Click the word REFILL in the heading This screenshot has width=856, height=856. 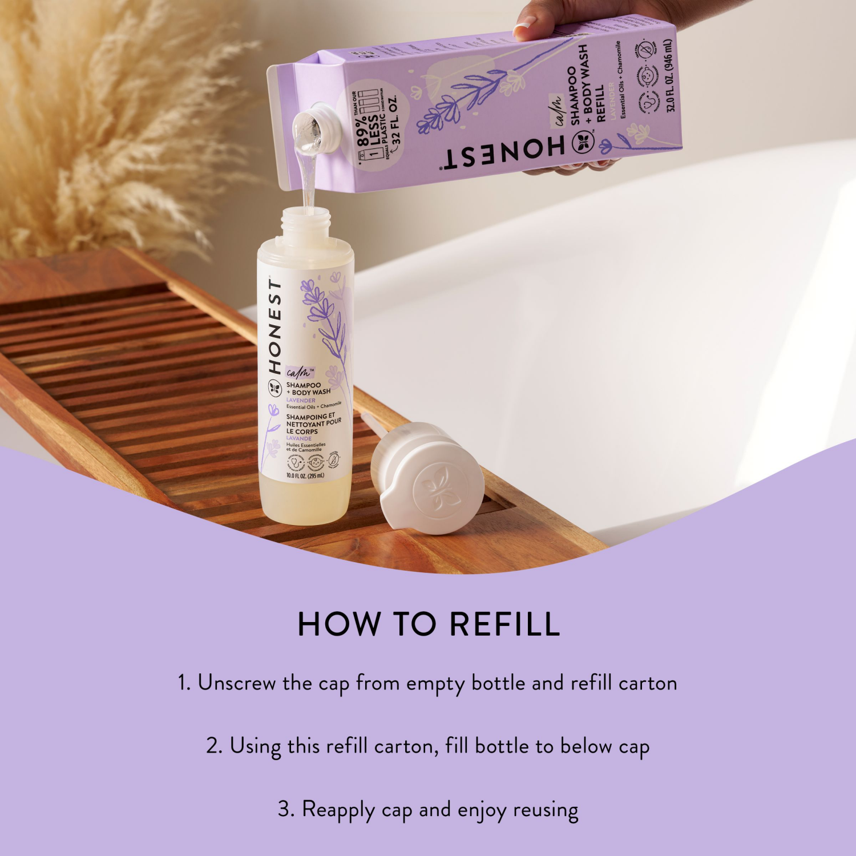[504, 624]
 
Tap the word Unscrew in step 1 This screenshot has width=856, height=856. [236, 683]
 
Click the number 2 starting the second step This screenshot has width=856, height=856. [213, 746]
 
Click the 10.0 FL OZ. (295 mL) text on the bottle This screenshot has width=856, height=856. [305, 475]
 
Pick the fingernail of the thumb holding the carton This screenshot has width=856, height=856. [524, 26]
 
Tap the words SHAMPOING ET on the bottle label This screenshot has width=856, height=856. [310, 417]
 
